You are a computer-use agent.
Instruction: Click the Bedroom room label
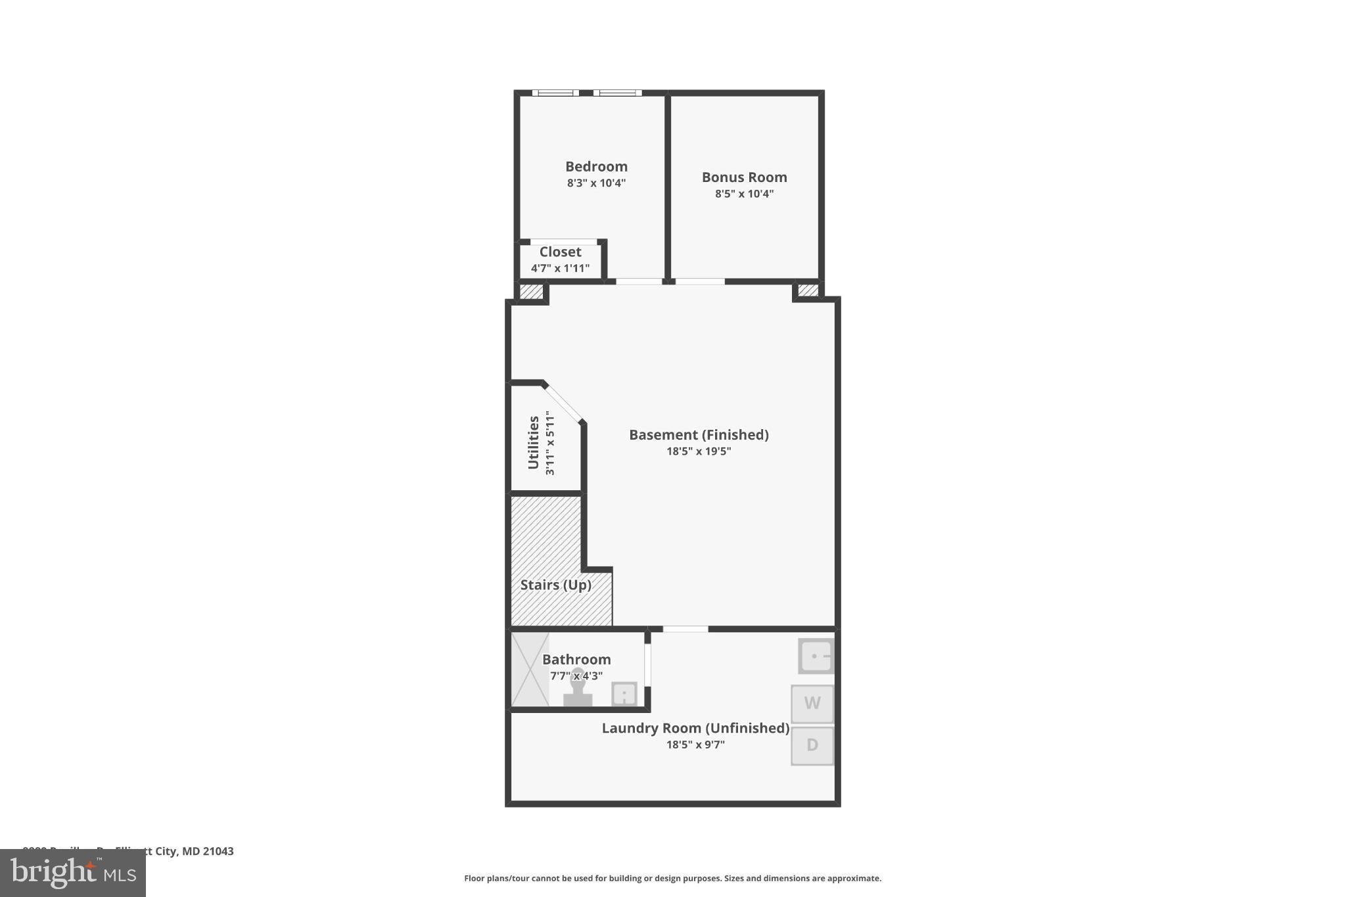[596, 166]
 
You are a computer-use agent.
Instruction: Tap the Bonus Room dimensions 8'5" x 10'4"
[744, 194]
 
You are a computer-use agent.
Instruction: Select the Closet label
[560, 252]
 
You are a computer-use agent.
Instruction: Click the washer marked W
[812, 704]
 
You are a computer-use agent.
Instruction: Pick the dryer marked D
[812, 745]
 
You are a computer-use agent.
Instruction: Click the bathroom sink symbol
[624, 694]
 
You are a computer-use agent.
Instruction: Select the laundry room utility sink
[816, 656]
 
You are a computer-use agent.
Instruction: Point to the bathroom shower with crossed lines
[530, 669]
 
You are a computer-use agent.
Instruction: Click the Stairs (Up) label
[555, 585]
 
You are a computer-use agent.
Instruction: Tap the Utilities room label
[534, 442]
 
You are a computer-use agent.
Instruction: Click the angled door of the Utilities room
[563, 403]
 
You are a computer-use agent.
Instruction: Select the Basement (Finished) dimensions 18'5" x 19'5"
[699, 451]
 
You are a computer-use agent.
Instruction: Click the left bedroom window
[555, 93]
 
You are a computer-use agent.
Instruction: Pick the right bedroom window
[617, 93]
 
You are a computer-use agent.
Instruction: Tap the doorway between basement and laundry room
[685, 629]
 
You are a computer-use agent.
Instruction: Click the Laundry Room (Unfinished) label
[695, 728]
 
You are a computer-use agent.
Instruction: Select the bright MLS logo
[72, 873]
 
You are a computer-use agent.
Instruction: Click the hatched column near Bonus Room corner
[808, 290]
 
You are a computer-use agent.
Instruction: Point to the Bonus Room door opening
[700, 281]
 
